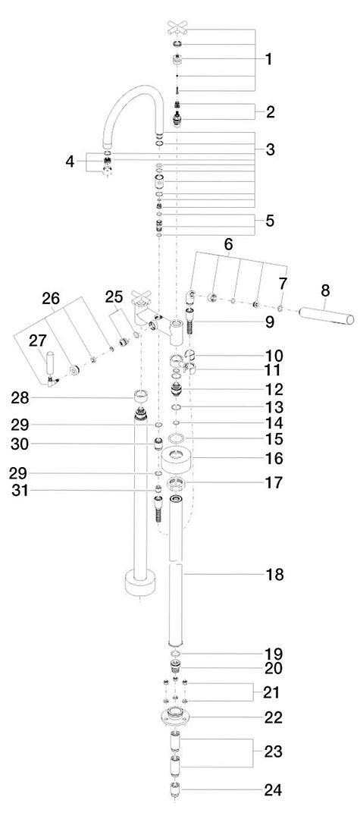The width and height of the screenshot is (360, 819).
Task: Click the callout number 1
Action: [269, 59]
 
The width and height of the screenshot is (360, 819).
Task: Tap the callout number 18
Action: [274, 575]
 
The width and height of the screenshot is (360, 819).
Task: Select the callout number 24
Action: [274, 789]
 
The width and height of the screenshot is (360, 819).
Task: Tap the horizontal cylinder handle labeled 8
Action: [326, 315]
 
